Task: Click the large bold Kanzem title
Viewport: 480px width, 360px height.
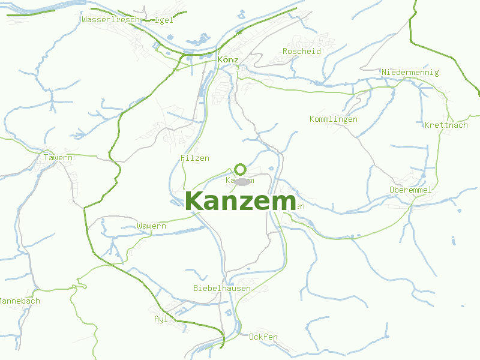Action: [240, 202]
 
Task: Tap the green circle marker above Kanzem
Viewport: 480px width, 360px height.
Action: [241, 169]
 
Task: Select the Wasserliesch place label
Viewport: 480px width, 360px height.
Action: [110, 19]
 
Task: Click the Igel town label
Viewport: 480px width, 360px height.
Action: [164, 20]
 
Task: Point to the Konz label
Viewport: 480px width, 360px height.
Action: [228, 60]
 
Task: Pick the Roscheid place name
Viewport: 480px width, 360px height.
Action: [302, 52]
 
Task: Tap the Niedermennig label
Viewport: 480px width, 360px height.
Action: [410, 73]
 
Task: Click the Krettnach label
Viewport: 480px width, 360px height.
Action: [446, 125]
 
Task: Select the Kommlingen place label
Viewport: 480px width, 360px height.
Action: [334, 119]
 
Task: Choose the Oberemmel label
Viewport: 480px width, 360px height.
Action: [410, 190]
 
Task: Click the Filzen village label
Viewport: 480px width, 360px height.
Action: [195, 158]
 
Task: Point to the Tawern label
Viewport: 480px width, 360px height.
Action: [58, 157]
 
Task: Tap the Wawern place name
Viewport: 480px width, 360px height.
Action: [151, 226]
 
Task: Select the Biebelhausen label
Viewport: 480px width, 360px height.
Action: [222, 288]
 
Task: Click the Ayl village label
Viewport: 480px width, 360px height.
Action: [161, 319]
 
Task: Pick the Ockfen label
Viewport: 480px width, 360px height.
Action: [263, 337]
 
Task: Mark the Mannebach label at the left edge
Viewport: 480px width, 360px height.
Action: [19, 301]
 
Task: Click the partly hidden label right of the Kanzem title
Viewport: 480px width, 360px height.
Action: [299, 206]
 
